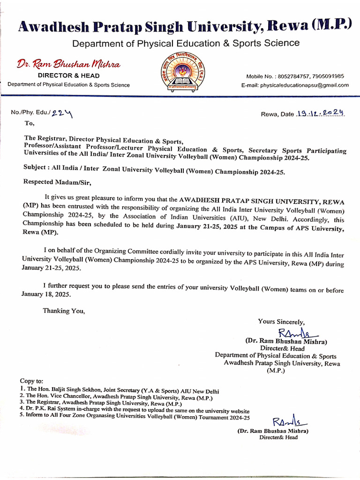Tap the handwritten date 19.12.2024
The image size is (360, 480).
tap(321, 113)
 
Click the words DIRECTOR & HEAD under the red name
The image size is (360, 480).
tap(68, 75)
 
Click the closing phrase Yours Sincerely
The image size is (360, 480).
tap(281, 322)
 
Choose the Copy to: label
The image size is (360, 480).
tap(31, 381)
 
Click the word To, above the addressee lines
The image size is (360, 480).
tap(29, 124)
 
